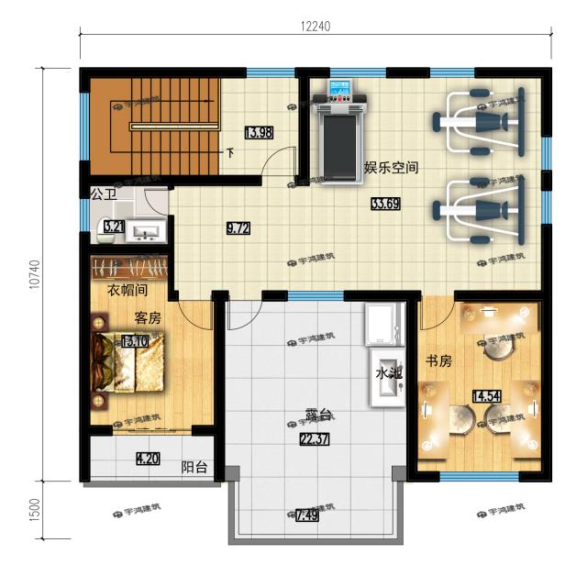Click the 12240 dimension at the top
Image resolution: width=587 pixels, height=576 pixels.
[x=314, y=26]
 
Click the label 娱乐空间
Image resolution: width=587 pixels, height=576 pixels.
[x=392, y=168]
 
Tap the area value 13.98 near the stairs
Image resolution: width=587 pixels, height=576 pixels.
[x=258, y=133]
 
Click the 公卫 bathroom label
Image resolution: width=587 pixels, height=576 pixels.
[x=104, y=194]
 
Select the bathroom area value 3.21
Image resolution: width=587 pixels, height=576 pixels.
[x=114, y=227]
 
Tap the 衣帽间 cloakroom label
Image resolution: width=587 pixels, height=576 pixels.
[x=127, y=291]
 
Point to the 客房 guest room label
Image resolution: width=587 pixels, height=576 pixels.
[x=148, y=317]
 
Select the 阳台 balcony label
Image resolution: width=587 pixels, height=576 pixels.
[x=194, y=467]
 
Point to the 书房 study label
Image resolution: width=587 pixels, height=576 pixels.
[x=438, y=361]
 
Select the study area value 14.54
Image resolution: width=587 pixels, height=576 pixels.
[x=485, y=396]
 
